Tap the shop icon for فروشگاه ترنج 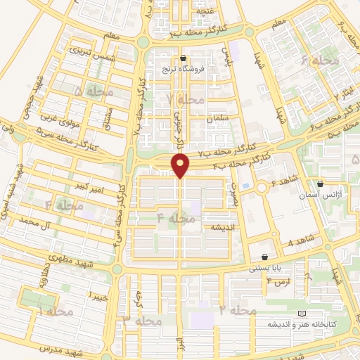183,58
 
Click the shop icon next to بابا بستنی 264,257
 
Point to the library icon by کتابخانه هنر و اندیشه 302,313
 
